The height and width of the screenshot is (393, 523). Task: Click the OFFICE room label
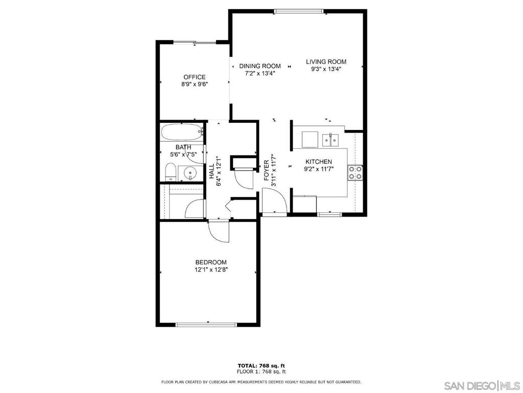coord(195,77)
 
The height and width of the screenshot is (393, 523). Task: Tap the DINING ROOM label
coord(260,66)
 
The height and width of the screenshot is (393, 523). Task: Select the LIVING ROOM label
coord(326,61)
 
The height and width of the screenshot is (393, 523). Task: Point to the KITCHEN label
coord(319,162)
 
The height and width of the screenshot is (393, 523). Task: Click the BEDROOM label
coord(211,263)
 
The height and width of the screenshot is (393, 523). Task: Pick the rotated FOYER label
coord(267,170)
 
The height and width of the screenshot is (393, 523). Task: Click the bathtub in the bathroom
coord(182,132)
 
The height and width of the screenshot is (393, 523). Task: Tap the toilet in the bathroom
coord(171,172)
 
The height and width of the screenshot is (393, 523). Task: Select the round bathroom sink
coord(190,173)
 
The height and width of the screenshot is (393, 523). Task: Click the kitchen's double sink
coord(330,140)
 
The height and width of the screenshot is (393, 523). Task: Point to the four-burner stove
coord(355,172)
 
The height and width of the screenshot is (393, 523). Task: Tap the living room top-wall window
coord(299,11)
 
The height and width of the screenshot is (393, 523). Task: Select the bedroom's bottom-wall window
coord(206,324)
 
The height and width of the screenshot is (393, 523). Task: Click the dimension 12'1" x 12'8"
coord(211,269)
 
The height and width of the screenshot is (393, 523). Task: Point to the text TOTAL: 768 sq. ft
coord(261,365)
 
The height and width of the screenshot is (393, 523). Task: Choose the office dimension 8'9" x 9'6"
coord(195,84)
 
